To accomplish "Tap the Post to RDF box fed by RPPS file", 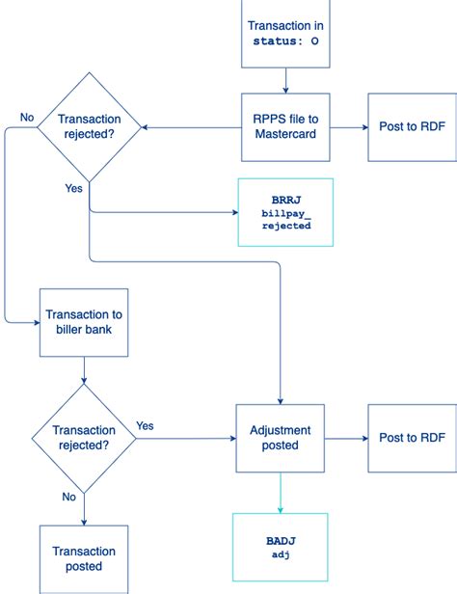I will point(412,126).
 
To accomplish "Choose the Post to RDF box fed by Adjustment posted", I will point(412,438).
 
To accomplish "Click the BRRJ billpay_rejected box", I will point(285,211).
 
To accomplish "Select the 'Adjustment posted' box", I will point(280,438).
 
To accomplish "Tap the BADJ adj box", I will point(280,548).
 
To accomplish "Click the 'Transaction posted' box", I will point(84,558).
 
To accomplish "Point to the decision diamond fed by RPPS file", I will point(90,126).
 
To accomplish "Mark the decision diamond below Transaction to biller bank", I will point(84,438).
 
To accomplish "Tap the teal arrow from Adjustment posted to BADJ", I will point(280,492).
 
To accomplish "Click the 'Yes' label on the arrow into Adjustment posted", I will point(146,425).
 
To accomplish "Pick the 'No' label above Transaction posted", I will point(68,498).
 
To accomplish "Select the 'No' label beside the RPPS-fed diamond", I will point(27,117).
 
